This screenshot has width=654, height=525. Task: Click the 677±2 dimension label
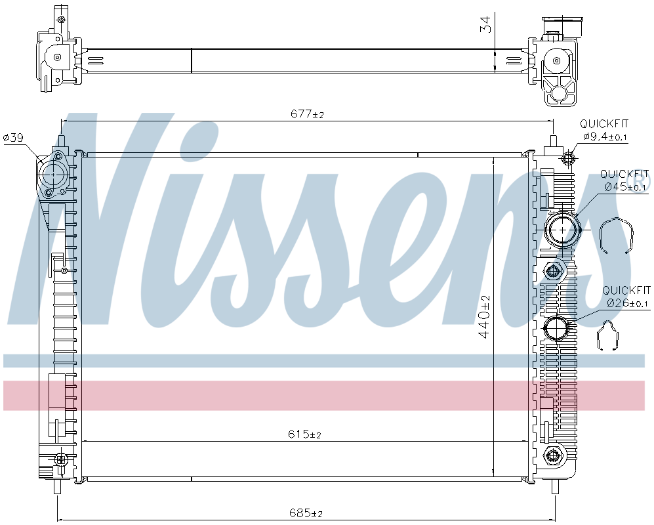pyautogui.click(x=307, y=114)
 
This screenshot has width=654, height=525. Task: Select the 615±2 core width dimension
pyautogui.click(x=305, y=434)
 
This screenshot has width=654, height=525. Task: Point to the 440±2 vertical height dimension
pyautogui.click(x=485, y=316)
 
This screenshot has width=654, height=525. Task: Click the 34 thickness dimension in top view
pyautogui.click(x=485, y=25)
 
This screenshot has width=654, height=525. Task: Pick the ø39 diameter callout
pyautogui.click(x=13, y=138)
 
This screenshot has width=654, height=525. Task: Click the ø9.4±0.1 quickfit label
pyautogui.click(x=605, y=136)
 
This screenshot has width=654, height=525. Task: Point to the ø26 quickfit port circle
pyautogui.click(x=558, y=327)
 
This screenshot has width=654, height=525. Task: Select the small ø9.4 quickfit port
pyautogui.click(x=568, y=158)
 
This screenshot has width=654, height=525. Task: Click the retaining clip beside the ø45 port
pyautogui.click(x=617, y=234)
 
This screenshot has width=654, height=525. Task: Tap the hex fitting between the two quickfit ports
pyautogui.click(x=554, y=271)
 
